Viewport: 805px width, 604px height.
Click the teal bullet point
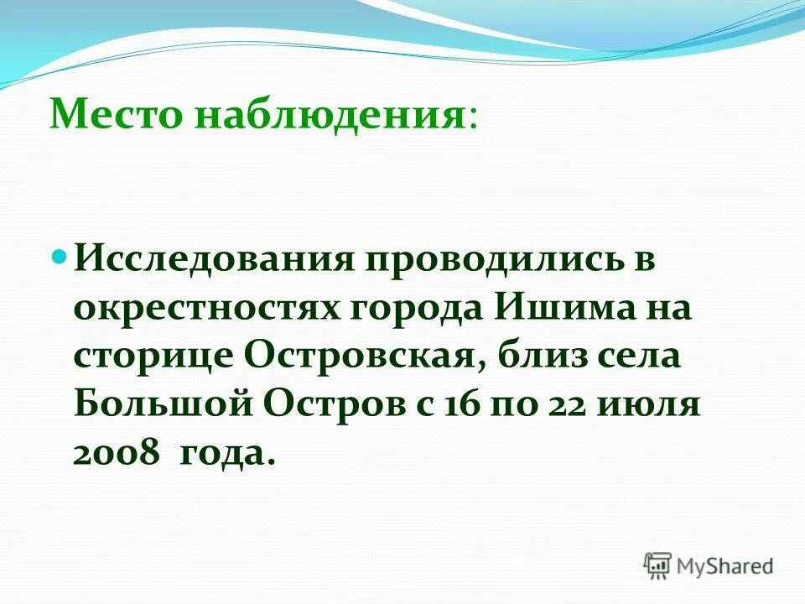pyautogui.click(x=59, y=254)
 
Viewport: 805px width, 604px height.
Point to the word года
pyautogui.click(x=228, y=454)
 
